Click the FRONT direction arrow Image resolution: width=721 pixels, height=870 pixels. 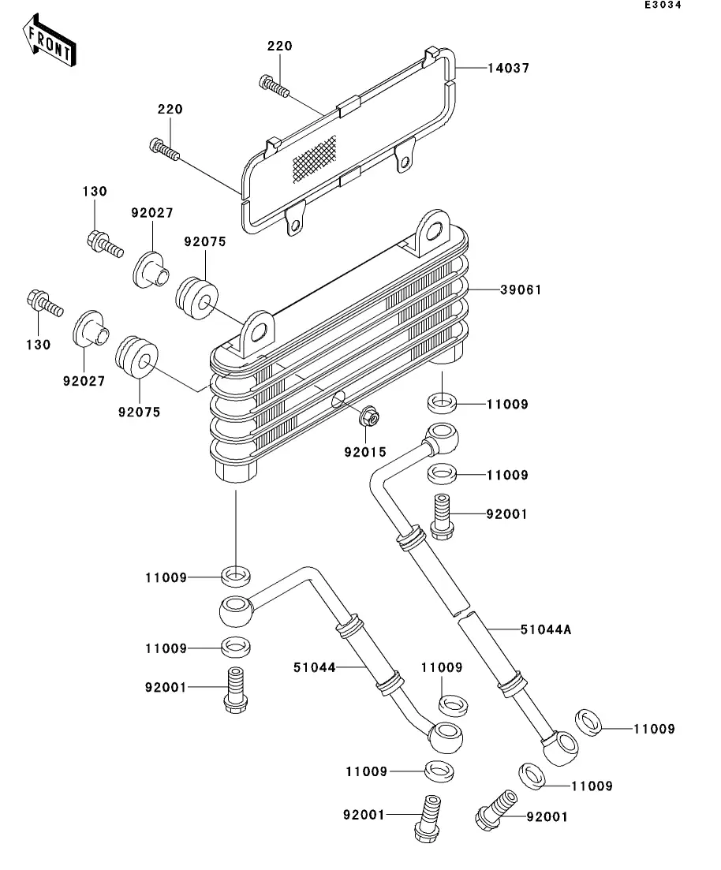(50, 40)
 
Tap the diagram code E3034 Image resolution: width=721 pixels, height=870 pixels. (663, 5)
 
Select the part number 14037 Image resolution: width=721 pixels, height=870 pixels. (509, 69)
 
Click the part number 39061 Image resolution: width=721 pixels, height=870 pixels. (521, 289)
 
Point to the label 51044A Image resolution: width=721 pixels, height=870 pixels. (546, 629)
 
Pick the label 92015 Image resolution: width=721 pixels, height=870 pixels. (365, 452)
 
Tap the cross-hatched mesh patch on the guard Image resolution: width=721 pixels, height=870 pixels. (314, 159)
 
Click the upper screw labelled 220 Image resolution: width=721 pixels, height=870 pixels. (275, 86)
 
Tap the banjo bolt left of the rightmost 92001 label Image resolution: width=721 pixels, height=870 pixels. (496, 811)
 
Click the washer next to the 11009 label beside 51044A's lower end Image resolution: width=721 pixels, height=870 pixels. (589, 723)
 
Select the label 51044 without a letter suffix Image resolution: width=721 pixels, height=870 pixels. (314, 667)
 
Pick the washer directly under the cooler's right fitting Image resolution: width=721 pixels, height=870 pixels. (442, 403)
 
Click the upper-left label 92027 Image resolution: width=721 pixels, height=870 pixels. (152, 213)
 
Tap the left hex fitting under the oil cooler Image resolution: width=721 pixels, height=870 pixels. (236, 470)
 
